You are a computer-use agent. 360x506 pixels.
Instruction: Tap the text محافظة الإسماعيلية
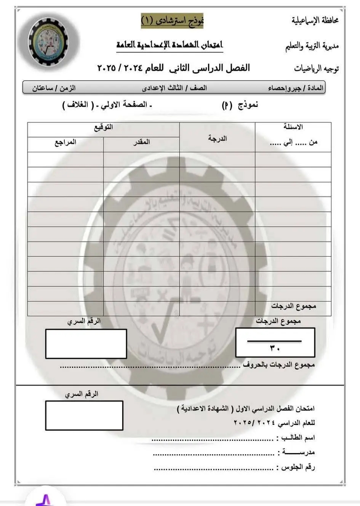pyautogui.click(x=315, y=21)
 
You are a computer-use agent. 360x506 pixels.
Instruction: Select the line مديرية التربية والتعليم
pyautogui.click(x=312, y=46)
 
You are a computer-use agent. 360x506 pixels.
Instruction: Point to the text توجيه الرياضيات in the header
pyautogui.click(x=316, y=69)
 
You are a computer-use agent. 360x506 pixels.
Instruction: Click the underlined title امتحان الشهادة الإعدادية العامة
pyautogui.click(x=170, y=45)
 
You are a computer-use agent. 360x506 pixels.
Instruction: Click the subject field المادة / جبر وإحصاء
pyautogui.click(x=296, y=88)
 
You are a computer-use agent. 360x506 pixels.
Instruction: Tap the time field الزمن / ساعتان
pyautogui.click(x=54, y=88)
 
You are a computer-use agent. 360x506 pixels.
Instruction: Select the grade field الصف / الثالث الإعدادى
pyautogui.click(x=174, y=88)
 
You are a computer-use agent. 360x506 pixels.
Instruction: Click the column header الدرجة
pyautogui.click(x=218, y=138)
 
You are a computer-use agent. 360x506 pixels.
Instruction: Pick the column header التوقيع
pyautogui.click(x=103, y=128)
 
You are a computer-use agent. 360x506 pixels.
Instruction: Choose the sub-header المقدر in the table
pyautogui.click(x=141, y=142)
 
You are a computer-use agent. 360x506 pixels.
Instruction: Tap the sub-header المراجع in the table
pyautogui.click(x=65, y=142)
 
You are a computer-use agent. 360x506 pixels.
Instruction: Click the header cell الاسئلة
pyautogui.click(x=293, y=127)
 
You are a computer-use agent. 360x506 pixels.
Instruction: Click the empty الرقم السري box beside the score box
pyautogui.click(x=86, y=344)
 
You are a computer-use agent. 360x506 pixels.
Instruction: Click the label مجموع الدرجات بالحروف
pyautogui.click(x=279, y=365)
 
